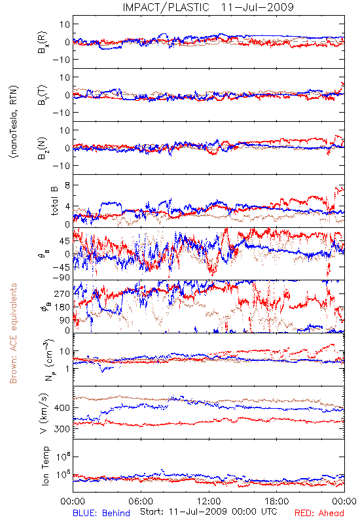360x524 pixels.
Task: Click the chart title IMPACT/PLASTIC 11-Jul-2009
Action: (208, 7)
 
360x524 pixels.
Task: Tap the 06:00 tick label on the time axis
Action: (141, 501)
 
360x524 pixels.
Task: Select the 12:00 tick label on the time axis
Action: (209, 501)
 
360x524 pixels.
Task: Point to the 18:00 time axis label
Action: (277, 501)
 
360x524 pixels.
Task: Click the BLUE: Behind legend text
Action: (101, 513)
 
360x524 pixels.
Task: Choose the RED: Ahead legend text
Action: (319, 513)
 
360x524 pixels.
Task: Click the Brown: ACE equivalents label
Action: (13, 333)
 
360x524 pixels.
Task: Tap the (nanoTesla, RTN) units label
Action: (14, 122)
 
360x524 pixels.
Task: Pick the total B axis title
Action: (54, 201)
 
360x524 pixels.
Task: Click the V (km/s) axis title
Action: (44, 413)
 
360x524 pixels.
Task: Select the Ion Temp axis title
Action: (45, 465)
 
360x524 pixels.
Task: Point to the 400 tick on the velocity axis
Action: (62, 407)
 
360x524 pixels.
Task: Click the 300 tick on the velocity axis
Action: (62, 429)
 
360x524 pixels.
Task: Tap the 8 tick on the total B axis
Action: (67, 185)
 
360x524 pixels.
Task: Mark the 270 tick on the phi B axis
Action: (62, 293)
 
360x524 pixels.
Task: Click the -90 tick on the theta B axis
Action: (61, 278)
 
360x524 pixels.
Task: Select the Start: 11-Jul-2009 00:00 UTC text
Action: (208, 512)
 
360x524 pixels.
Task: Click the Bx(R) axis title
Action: (43, 43)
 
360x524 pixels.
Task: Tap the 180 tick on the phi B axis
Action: (62, 307)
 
